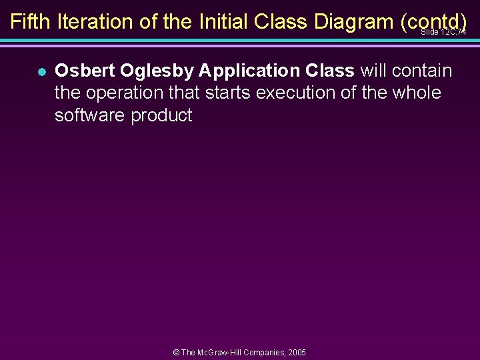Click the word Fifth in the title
31,22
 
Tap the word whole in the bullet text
417,93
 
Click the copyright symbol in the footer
177,352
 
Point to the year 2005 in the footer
296,352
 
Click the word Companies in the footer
261,352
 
